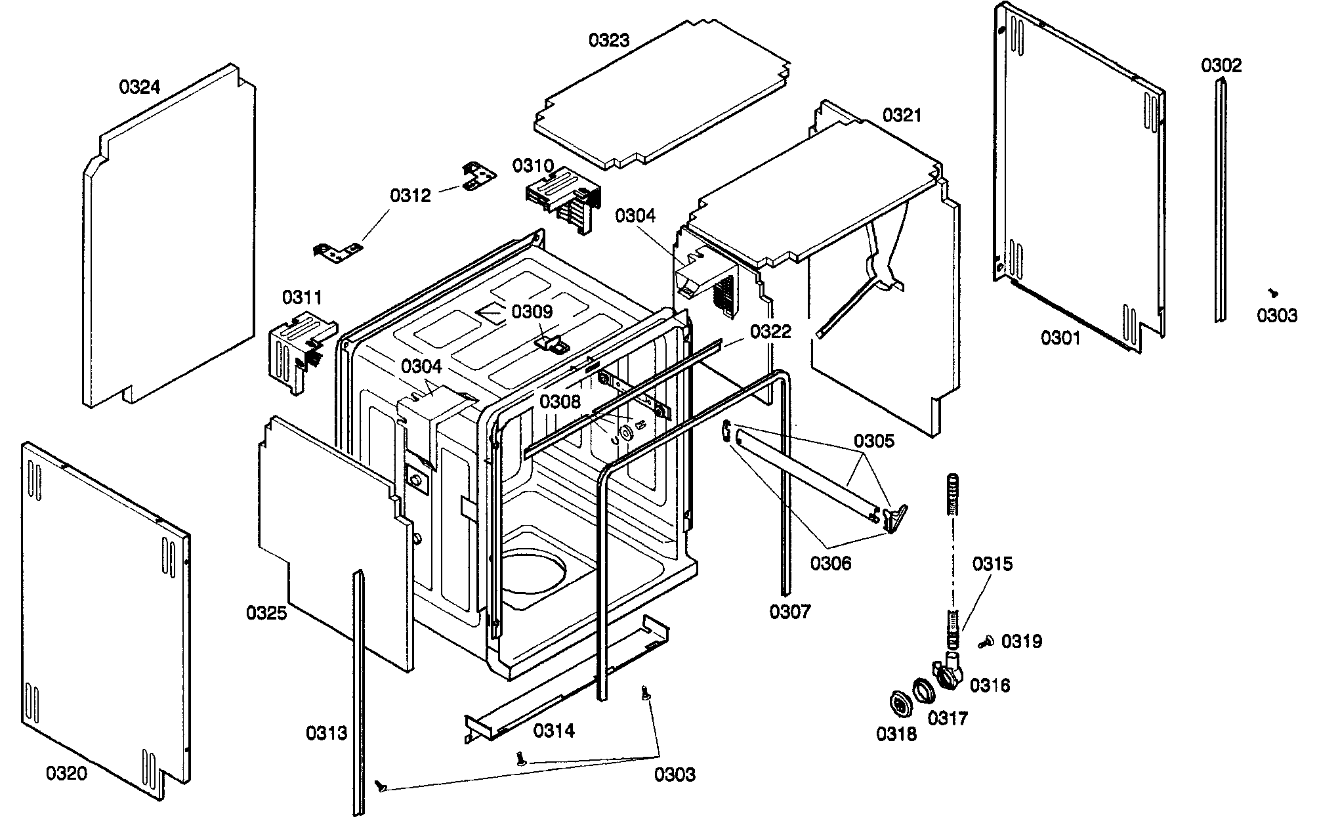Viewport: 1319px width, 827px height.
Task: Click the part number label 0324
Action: coord(140,87)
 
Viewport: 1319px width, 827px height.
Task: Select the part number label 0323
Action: coord(608,41)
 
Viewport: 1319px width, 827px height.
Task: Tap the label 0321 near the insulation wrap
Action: coord(902,116)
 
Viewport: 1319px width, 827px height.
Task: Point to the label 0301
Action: coord(1060,338)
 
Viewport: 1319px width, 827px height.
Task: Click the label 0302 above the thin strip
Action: coord(1221,66)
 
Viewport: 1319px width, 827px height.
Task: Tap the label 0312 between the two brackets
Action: coord(410,196)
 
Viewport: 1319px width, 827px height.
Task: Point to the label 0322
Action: coord(770,331)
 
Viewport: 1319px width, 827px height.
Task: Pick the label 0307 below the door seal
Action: coord(790,612)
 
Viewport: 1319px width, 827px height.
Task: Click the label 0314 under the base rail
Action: coord(554,731)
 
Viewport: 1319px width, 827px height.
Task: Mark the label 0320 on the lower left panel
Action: coord(66,774)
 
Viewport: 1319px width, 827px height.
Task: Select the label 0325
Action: coord(266,613)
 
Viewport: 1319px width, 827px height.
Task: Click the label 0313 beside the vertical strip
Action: coord(326,733)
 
